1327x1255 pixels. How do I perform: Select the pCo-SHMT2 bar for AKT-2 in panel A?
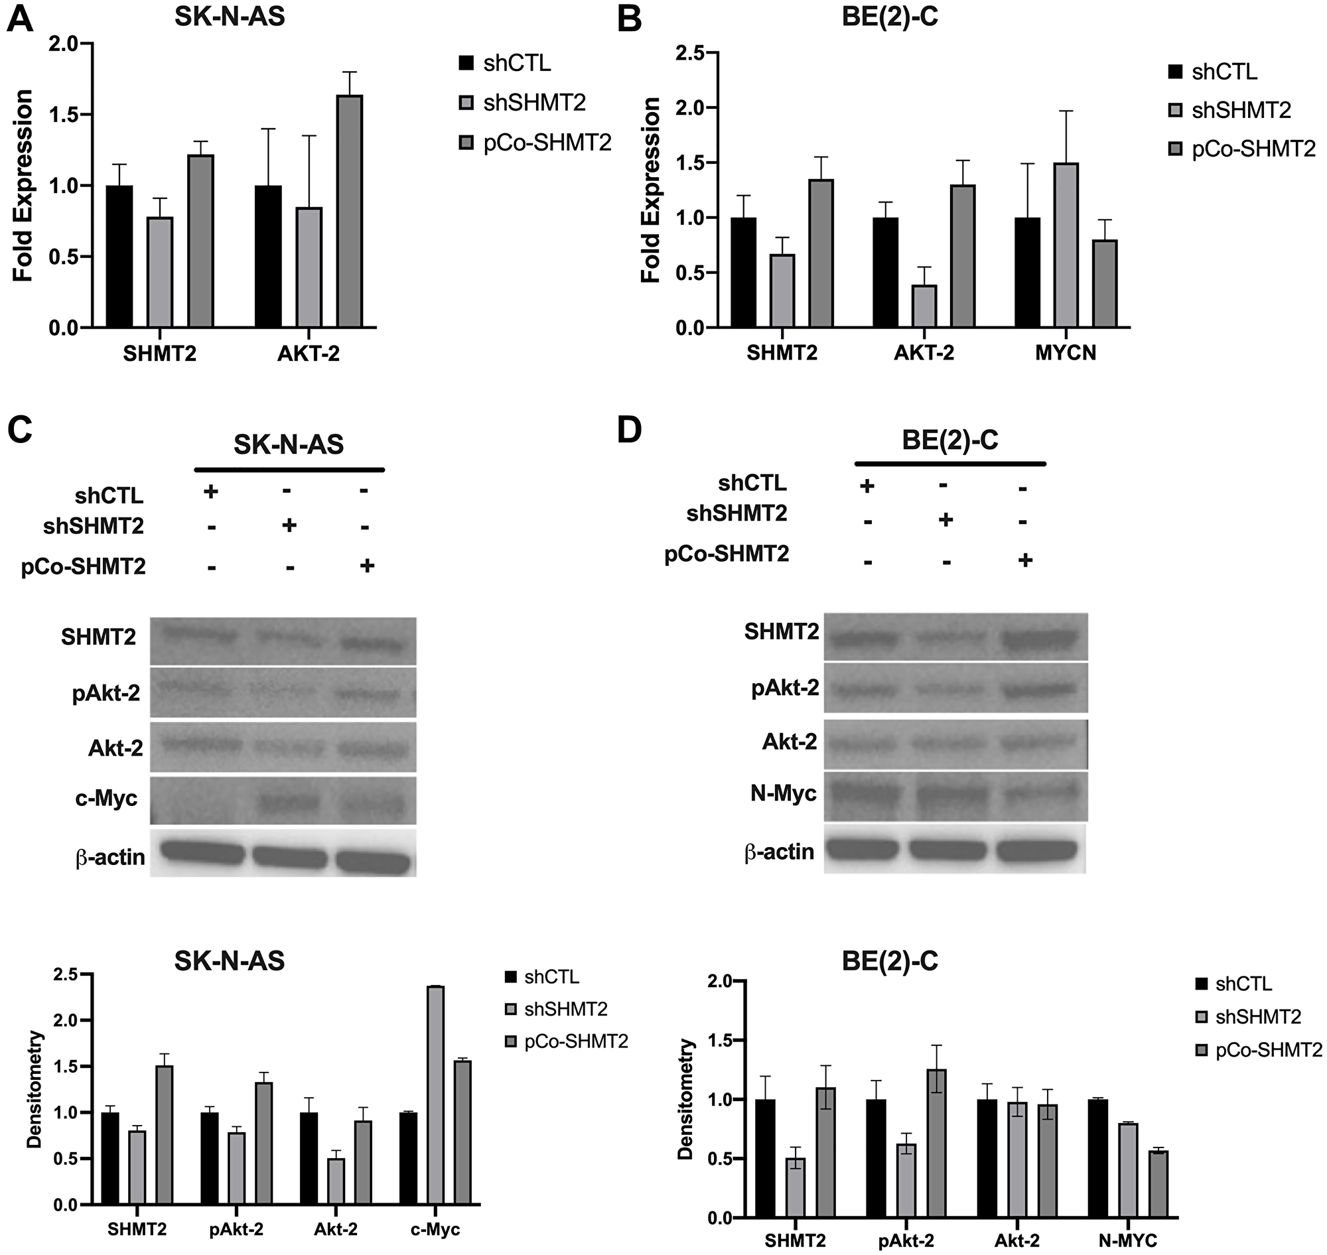[x=349, y=212]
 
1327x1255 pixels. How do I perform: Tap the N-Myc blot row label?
[x=784, y=793]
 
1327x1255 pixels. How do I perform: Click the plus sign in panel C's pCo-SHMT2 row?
[x=367, y=566]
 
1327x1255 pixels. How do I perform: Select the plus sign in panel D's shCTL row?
[x=867, y=486]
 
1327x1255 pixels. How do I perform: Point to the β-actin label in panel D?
[x=780, y=852]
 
